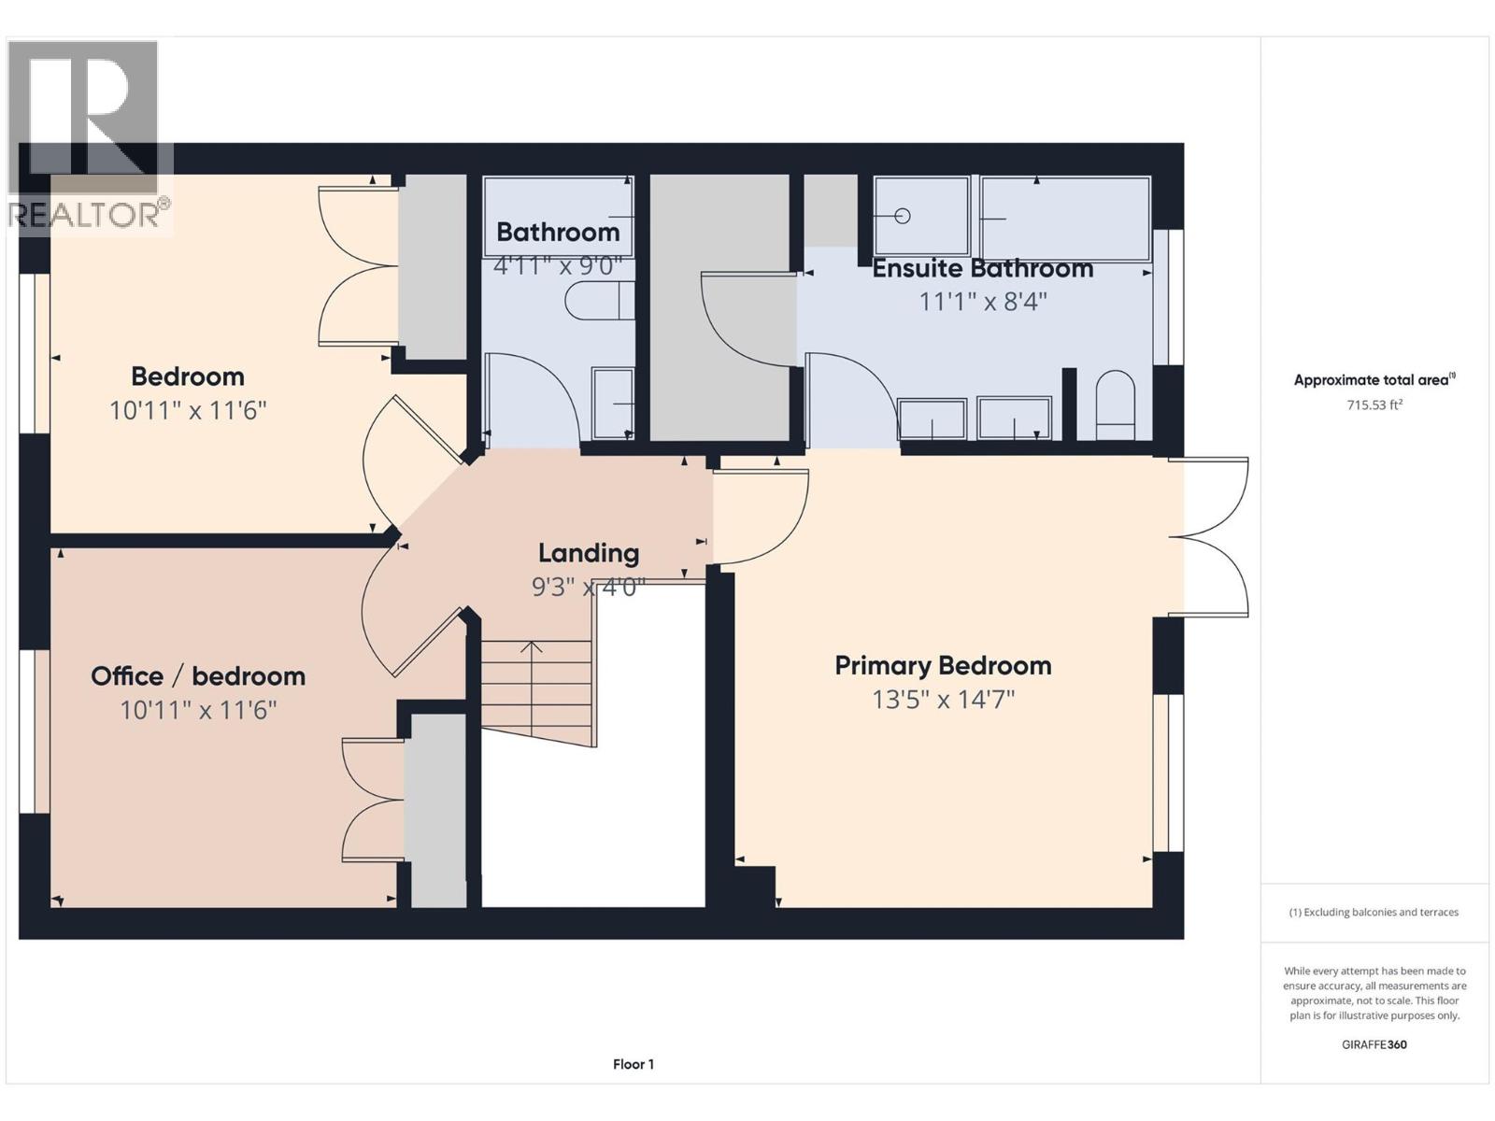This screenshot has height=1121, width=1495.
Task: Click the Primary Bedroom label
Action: (943, 666)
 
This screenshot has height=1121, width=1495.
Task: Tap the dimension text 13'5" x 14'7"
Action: (943, 700)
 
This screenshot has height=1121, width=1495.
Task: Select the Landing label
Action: (589, 553)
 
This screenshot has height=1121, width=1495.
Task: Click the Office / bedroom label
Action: (198, 676)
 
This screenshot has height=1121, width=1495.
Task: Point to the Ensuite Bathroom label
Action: (982, 269)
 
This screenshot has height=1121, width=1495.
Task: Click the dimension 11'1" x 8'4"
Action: (982, 302)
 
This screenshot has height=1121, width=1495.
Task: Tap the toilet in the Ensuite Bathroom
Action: (1114, 405)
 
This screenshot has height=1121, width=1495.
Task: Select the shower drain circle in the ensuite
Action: (902, 216)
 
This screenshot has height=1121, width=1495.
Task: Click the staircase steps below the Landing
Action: (536, 687)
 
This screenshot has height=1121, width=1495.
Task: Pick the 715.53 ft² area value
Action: (1374, 405)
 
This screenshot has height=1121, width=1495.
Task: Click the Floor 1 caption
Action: (634, 1064)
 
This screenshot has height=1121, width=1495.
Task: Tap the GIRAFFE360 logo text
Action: (1374, 1044)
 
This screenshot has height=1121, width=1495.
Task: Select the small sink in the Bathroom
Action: (613, 404)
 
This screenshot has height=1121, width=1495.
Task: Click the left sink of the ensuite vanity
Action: (932, 419)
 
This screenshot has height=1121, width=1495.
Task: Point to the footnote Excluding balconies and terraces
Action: (1374, 912)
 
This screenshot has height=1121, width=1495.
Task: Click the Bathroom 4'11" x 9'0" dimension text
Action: (558, 266)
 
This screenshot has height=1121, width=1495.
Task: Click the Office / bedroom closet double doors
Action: (374, 800)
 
